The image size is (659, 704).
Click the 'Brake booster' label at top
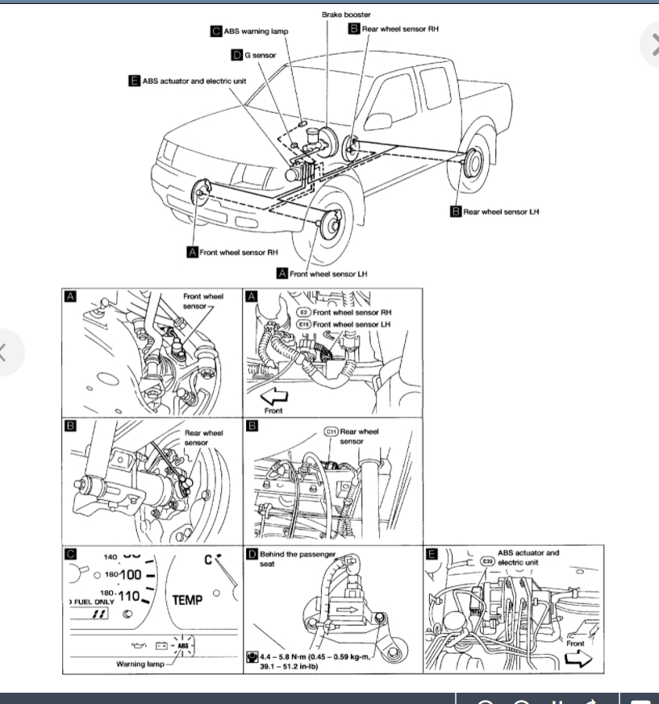[347, 15]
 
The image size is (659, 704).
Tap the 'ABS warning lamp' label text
[256, 31]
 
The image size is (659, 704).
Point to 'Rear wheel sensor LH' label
[501, 211]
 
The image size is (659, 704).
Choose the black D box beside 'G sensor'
[236, 55]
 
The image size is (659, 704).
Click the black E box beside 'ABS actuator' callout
[134, 81]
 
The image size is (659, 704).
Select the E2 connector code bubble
[304, 311]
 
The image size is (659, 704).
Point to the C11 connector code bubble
[331, 431]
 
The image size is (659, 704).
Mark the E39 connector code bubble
[487, 560]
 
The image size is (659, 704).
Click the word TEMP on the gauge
[187, 600]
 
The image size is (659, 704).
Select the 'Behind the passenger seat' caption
[296, 558]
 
